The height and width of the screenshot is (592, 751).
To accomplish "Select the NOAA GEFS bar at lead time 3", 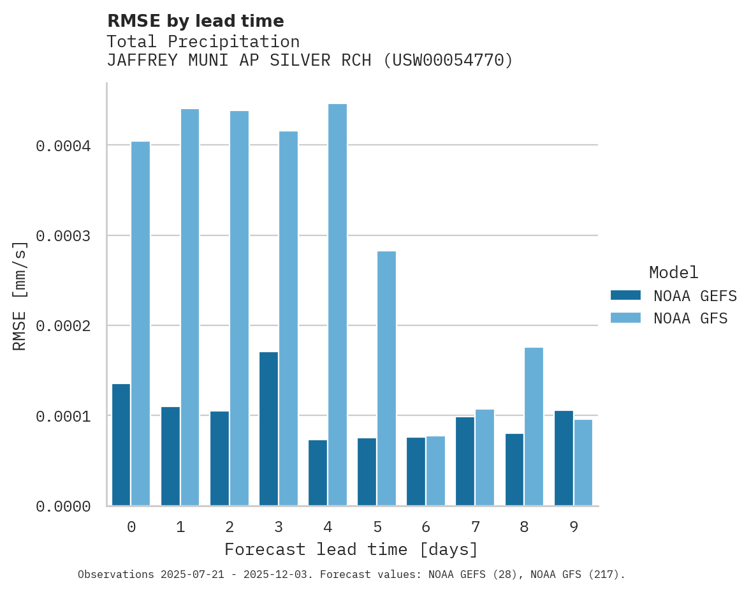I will [x=268, y=429].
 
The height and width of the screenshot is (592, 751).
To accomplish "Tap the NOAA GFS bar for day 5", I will [x=386, y=378].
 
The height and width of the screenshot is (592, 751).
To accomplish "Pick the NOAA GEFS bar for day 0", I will [x=121, y=445].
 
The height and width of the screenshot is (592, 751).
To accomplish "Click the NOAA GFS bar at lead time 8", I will [x=534, y=427].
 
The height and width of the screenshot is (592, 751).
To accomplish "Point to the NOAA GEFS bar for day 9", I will [x=564, y=458].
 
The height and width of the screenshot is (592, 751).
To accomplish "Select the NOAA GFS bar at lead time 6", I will [x=435, y=471].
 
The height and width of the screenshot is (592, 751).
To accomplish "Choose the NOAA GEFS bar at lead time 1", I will [x=170, y=456].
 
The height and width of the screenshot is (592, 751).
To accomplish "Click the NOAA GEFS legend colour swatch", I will [x=625, y=295].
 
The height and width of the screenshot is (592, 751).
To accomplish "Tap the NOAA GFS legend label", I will [x=690, y=318].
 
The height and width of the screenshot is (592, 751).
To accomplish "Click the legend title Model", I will [x=673, y=272].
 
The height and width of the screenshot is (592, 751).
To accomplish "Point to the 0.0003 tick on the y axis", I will [x=63, y=236].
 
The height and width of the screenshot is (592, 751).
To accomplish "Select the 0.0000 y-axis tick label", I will [x=63, y=507].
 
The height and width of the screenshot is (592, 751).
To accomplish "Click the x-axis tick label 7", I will [x=476, y=527].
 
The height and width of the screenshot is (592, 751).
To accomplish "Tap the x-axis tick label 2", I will [x=230, y=527].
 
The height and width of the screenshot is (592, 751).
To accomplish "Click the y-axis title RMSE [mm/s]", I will [x=20, y=295].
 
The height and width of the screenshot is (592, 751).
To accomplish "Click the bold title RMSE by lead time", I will [x=195, y=21].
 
